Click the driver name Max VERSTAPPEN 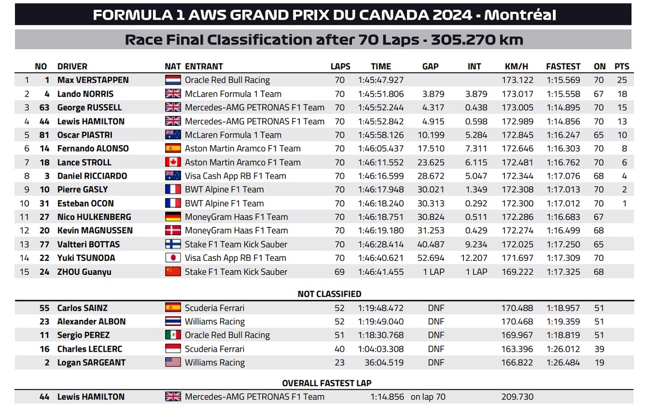(x=93, y=80)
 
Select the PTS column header (x=621, y=67)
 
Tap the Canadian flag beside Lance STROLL (x=173, y=162)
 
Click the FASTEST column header (x=563, y=67)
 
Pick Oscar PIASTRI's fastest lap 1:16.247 (x=563, y=135)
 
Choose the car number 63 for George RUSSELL (x=44, y=108)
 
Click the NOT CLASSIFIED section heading (x=329, y=294)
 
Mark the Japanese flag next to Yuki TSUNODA (x=173, y=258)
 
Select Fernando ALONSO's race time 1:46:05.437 (x=381, y=148)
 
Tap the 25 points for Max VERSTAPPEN (x=622, y=80)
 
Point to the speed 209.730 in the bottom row (x=517, y=397)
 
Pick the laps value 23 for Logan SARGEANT (x=339, y=363)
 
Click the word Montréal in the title (x=520, y=15)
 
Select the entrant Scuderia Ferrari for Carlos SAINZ (x=214, y=308)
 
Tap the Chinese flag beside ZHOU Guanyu (x=173, y=272)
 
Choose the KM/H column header (x=516, y=67)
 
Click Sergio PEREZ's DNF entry (x=436, y=335)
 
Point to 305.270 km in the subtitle (x=477, y=40)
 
